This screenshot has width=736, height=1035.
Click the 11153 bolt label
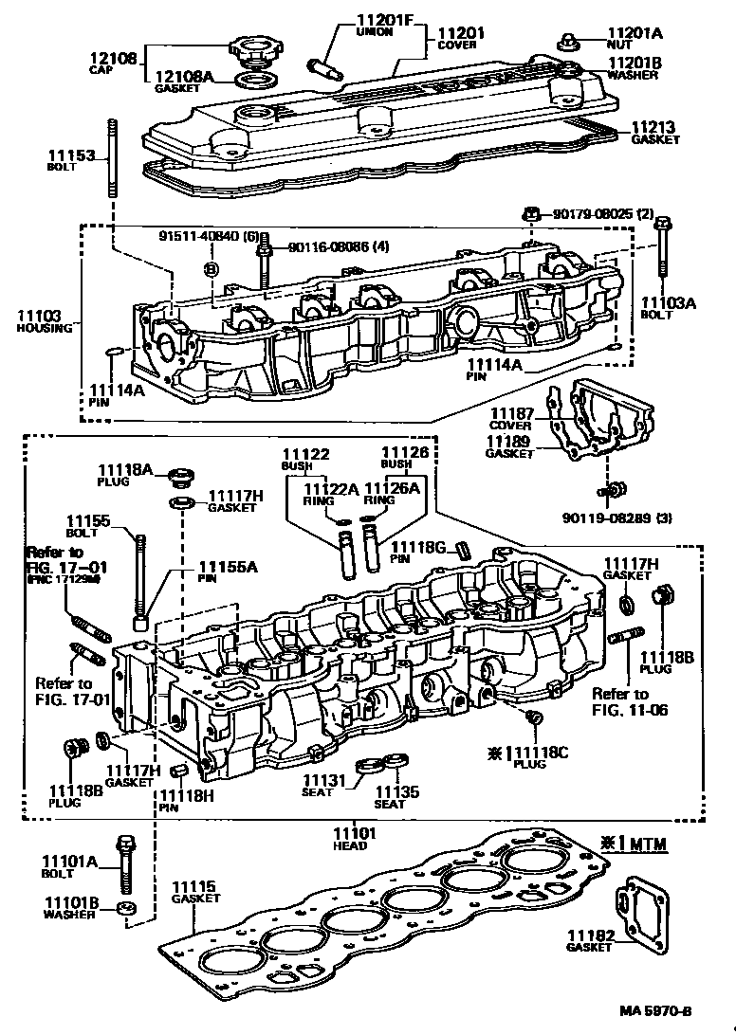68,154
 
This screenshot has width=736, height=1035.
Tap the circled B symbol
212,270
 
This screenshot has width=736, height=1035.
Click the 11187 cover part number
511,414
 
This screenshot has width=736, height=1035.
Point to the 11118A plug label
124,468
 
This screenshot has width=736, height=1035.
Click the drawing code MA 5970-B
681,1012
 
